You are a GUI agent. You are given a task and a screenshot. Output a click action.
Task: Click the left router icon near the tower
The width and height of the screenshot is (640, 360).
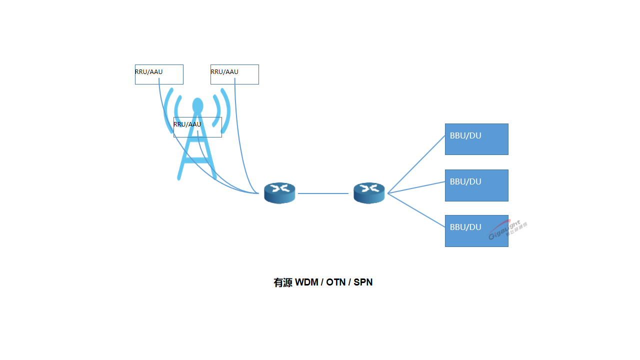pos(279,193)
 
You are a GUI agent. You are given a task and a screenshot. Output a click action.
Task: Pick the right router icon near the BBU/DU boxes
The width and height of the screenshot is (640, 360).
pos(369,193)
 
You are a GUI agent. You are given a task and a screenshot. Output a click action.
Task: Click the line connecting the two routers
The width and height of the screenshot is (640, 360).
pos(323,193)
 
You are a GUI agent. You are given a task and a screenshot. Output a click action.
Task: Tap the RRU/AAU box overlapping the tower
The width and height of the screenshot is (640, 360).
pos(197,127)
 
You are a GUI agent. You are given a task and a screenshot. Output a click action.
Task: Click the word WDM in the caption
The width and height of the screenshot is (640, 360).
pos(306,282)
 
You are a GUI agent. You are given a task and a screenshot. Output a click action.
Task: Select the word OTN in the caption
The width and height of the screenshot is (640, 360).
pos(336,282)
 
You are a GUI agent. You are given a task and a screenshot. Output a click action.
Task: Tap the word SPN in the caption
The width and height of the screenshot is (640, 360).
pos(363,282)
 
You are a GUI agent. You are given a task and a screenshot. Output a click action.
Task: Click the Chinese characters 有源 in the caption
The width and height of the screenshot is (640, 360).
pos(282,282)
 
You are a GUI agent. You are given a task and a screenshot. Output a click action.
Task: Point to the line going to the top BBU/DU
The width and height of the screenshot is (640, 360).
pos(416,164)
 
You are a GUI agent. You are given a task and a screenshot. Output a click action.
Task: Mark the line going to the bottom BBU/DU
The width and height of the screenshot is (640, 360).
pos(416,210)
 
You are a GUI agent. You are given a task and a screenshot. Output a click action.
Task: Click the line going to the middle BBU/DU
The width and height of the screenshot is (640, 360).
pos(416,187)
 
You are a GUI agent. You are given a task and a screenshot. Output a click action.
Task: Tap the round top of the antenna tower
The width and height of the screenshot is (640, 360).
pos(198,105)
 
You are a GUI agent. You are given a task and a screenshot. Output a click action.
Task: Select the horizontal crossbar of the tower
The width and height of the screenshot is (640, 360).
pos(197,160)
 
